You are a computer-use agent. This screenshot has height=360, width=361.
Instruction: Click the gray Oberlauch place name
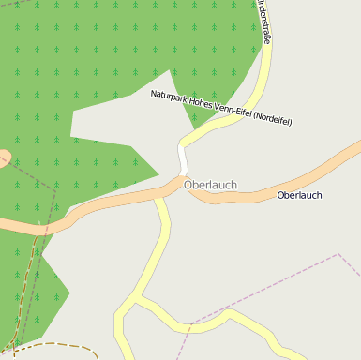(x=210, y=185)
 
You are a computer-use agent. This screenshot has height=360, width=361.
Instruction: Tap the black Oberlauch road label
(x=299, y=195)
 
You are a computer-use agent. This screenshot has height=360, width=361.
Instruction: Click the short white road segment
(x=182, y=158)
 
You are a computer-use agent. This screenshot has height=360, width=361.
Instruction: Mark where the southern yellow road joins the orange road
(x=159, y=196)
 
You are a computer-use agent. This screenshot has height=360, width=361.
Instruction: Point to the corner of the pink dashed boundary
(x=338, y=254)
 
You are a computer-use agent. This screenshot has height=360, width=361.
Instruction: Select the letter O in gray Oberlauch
(x=188, y=185)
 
